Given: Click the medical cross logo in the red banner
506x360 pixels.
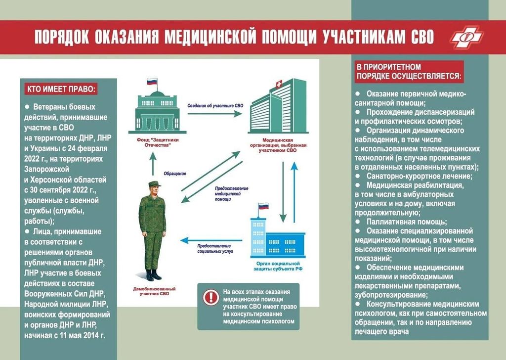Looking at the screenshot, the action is click(467, 37).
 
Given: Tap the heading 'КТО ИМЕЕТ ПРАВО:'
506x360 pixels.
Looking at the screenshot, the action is click(61, 89).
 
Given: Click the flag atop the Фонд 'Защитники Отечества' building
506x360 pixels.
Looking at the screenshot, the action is click(152, 82).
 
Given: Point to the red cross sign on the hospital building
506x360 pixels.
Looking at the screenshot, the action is click(279, 85).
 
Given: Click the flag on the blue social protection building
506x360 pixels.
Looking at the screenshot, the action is click(263, 206).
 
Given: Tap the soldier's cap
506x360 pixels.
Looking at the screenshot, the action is click(154, 184).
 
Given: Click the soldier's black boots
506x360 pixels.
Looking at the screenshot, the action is click(153, 275).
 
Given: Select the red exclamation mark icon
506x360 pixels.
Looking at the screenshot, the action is click(211, 297).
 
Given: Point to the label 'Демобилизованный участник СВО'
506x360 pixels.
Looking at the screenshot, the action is click(154, 291).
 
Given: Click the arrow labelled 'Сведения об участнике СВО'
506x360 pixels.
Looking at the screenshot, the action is click(214, 113).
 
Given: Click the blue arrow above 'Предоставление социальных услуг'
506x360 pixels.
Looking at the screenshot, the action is click(211, 240).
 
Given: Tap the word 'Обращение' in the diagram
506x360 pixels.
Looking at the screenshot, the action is click(175, 174).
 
